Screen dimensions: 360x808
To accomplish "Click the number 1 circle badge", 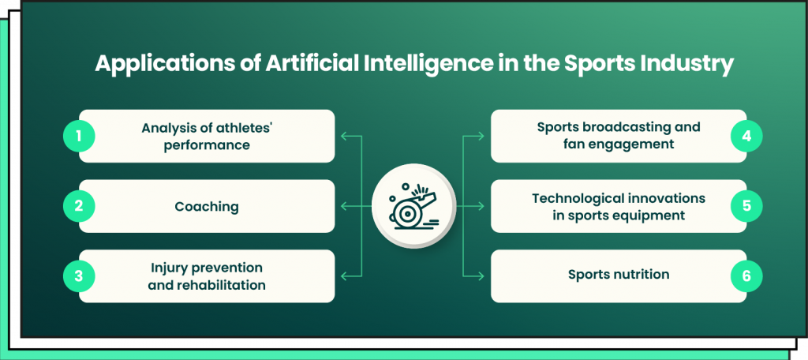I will [79, 136].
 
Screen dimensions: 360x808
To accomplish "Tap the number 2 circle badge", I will [79, 206].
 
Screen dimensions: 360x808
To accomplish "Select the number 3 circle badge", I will [79, 276].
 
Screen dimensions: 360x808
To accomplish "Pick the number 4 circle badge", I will [746, 136].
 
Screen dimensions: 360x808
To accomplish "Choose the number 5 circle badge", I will [746, 206].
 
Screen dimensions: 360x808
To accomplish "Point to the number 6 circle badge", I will [746, 276].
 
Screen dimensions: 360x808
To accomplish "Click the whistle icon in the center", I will [413, 207].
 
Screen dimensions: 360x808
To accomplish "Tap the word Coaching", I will [207, 206].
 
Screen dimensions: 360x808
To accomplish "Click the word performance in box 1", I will [207, 144].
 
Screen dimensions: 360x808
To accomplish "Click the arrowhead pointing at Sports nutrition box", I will [481, 276].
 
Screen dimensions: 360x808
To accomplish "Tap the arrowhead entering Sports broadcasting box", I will [481, 136].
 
